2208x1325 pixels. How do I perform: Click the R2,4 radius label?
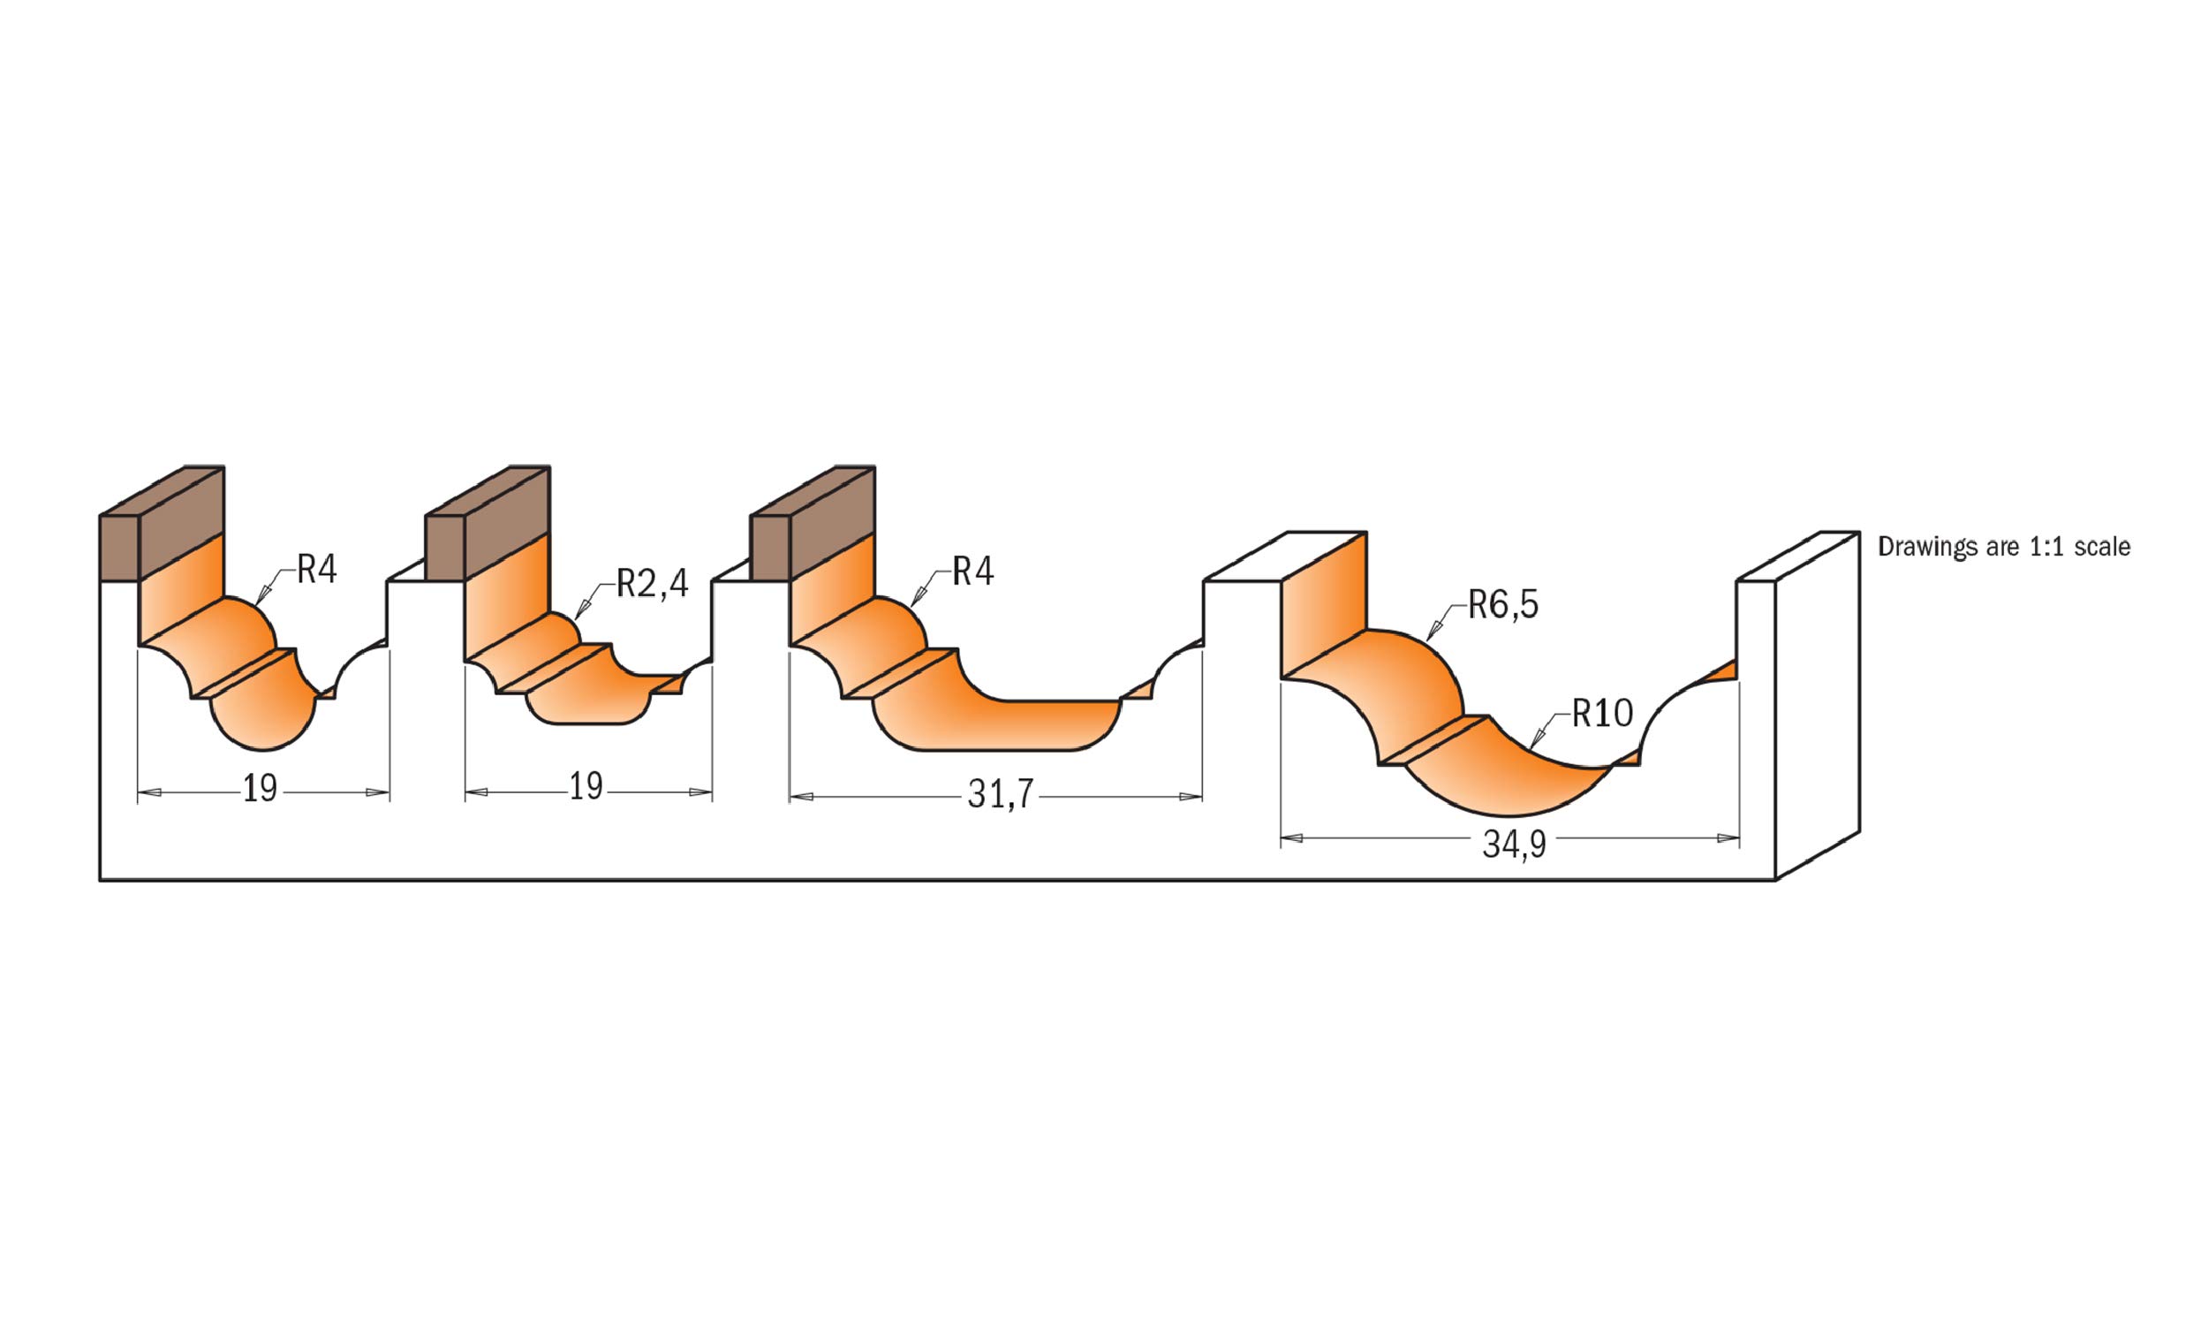[652, 584]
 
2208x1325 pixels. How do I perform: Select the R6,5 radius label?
[1503, 604]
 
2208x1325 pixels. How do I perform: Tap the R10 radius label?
[1602, 714]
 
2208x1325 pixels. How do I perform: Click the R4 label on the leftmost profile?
[316, 570]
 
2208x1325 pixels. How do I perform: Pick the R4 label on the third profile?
[972, 572]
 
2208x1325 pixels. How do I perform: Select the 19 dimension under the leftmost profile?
[261, 790]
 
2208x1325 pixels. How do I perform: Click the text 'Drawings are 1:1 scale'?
[2004, 548]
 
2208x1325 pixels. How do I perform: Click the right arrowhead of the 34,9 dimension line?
[1728, 838]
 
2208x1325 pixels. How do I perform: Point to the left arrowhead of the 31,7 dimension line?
[800, 797]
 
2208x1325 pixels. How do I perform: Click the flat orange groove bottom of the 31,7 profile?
[1000, 725]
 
